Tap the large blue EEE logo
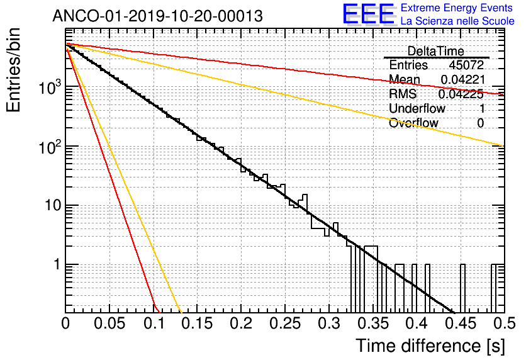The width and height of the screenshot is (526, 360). pyautogui.click(x=368, y=15)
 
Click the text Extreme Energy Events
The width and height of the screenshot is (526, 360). pyautogui.click(x=457, y=8)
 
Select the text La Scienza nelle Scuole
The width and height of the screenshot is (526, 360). pyautogui.click(x=457, y=21)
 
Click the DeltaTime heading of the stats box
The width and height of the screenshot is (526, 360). pyautogui.click(x=436, y=51)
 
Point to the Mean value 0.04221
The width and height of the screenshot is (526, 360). pyautogui.click(x=462, y=80)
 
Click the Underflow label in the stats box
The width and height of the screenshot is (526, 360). pyautogui.click(x=417, y=109)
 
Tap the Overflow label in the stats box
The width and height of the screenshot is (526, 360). pyautogui.click(x=413, y=123)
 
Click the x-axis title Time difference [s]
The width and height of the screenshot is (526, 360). pyautogui.click(x=430, y=346)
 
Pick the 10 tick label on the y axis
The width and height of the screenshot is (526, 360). pyautogui.click(x=50, y=206)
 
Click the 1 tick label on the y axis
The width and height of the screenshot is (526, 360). pyautogui.click(x=55, y=265)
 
